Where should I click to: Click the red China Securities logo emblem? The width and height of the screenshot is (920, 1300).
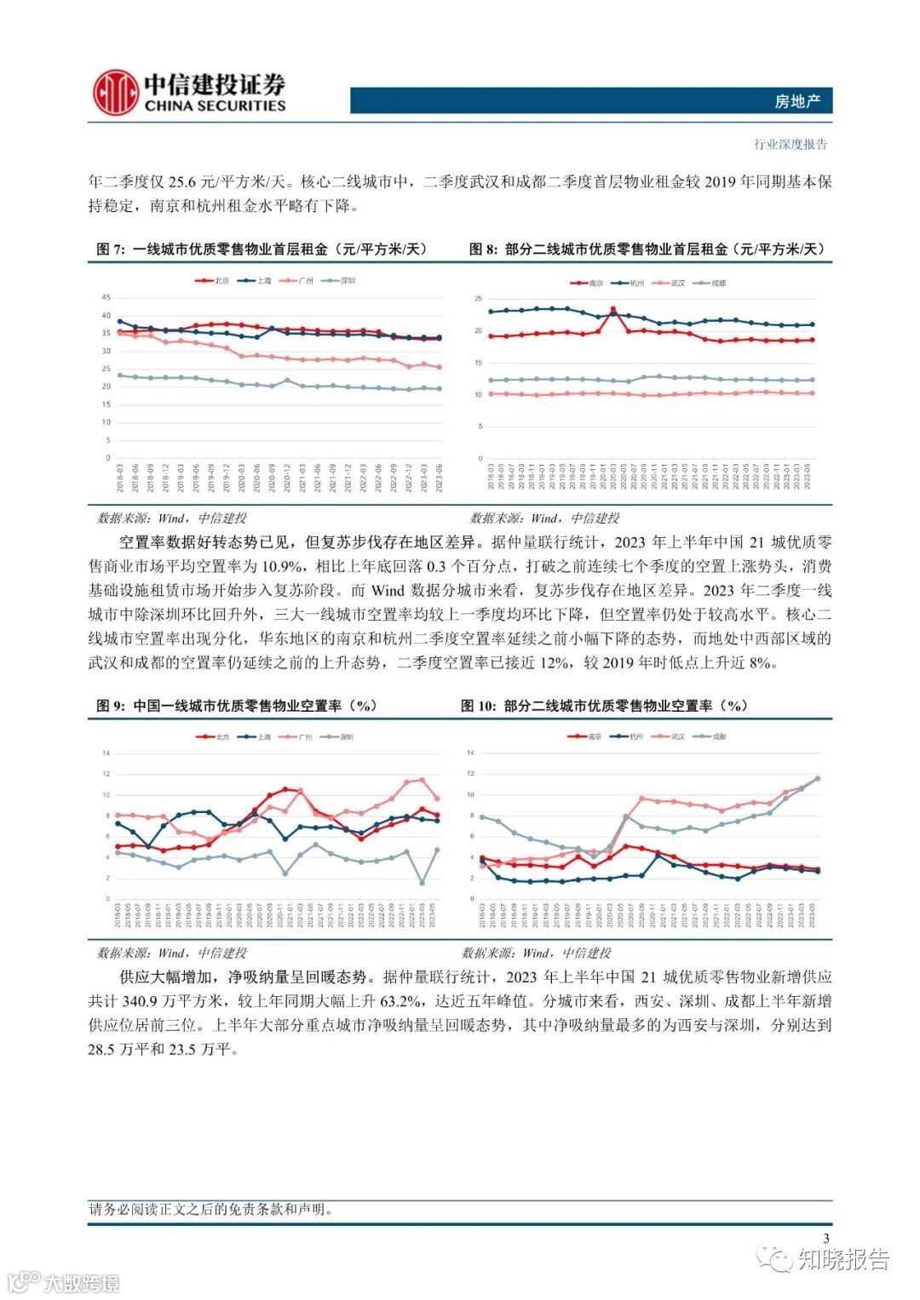tap(116, 93)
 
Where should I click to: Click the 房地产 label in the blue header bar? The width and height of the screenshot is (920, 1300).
tap(796, 101)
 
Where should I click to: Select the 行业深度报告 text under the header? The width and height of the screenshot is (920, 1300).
tap(790, 144)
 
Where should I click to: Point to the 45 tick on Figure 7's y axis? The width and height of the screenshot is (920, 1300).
tap(106, 297)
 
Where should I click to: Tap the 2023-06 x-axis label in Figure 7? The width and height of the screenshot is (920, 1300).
tap(439, 477)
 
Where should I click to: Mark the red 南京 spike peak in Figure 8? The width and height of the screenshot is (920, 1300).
tap(613, 309)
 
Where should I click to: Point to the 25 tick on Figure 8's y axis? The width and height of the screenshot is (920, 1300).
tap(479, 299)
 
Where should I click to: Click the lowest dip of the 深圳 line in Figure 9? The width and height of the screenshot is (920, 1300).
tap(423, 883)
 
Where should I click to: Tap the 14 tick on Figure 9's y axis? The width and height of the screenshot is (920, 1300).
tap(106, 753)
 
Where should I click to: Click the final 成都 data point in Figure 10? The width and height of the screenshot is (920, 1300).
tap(818, 778)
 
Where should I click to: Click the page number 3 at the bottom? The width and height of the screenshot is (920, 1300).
tap(825, 1239)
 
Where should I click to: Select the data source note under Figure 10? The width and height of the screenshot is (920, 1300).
tap(536, 953)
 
